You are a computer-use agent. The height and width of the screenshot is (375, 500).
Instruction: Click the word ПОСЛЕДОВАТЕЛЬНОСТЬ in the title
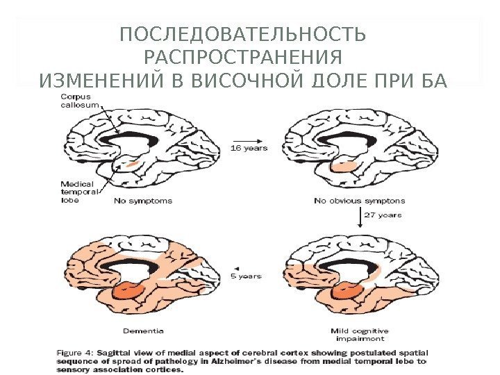click(x=242, y=35)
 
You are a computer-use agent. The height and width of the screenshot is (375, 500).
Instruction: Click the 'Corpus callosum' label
click(x=79, y=100)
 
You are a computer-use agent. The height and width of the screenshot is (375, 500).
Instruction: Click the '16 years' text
click(x=249, y=147)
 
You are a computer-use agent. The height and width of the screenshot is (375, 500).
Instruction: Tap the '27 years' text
click(x=383, y=215)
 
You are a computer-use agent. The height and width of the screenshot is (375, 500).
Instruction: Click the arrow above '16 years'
click(x=247, y=137)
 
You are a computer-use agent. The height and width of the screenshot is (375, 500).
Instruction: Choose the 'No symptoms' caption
click(x=144, y=201)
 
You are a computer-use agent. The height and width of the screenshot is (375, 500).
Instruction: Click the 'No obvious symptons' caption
click(x=359, y=201)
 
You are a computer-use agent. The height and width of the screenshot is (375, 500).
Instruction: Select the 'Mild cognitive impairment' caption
click(x=360, y=335)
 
